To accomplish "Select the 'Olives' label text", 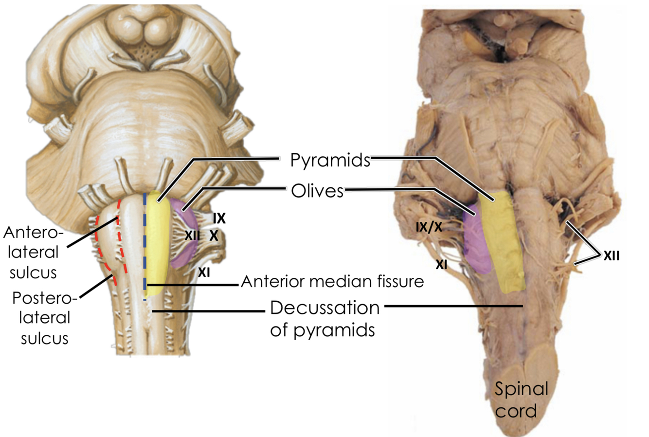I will coord(317,191).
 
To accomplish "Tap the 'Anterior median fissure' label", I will coord(332,281).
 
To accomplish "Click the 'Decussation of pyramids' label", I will coord(324,319).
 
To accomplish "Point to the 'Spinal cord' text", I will coord(521,400).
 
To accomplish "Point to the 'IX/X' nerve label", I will coord(429,226).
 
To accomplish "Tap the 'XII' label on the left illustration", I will coord(192,235).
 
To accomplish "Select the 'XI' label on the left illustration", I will coord(204,273).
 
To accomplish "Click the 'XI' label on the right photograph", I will coord(442,264).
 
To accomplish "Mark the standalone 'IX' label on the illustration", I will coord(218,218).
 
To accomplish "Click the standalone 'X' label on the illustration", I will coord(213,236).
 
